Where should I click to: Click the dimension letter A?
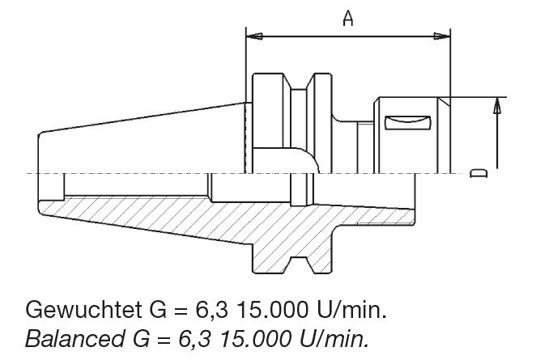tap(348, 18)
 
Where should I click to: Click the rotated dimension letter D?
tap(479, 173)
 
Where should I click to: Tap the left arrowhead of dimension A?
tap(254, 36)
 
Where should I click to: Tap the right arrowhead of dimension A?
tap(441, 36)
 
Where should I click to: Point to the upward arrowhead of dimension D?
tap(496, 105)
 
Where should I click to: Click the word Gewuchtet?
tap(83, 310)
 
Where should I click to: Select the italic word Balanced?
tap(74, 339)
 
